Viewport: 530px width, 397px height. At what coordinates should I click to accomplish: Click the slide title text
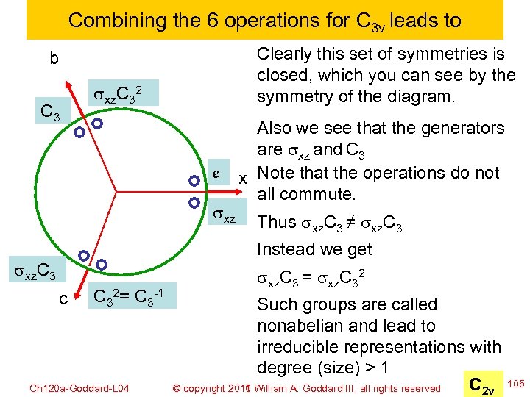[264, 20]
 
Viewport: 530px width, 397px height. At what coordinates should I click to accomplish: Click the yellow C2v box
[484, 382]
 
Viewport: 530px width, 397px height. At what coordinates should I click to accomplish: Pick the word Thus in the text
[276, 223]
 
